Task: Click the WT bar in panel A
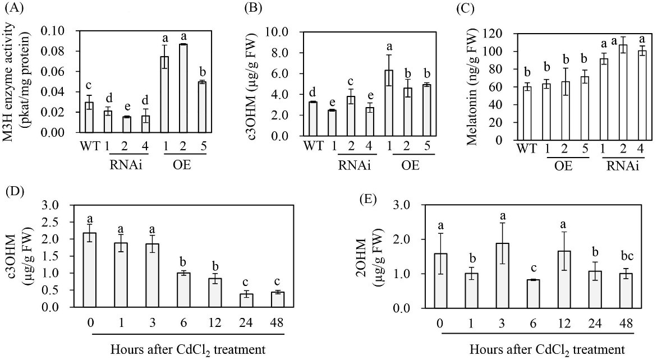pos(89,117)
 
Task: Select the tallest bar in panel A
pos(183,89)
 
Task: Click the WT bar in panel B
pos(313,119)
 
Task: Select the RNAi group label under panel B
pos(355,166)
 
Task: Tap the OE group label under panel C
pos(564,166)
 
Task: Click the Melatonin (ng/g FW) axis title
pos(472,86)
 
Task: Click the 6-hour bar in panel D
pos(183,290)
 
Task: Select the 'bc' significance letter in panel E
pos(627,255)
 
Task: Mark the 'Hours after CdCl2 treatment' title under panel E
pos(547,349)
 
